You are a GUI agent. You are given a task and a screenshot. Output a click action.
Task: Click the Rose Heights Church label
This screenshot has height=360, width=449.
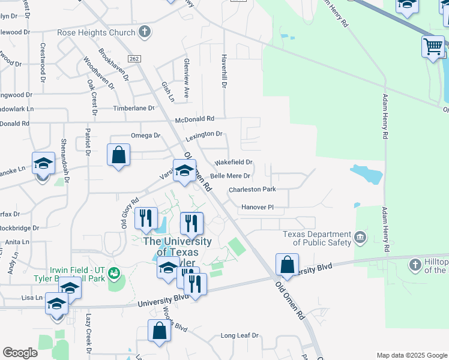point(96,32)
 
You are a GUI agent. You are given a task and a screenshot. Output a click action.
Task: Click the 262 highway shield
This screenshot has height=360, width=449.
point(134,58)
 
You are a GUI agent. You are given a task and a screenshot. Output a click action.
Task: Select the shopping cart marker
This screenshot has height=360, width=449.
point(433,46)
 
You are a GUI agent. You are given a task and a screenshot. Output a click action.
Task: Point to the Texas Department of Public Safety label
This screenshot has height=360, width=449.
point(317,238)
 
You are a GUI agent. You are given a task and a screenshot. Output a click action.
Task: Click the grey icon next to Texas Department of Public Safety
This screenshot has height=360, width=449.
point(360,238)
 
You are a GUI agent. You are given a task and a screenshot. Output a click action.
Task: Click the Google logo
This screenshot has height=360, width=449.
point(20,353)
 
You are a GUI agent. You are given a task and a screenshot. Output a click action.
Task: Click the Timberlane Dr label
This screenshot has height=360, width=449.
point(134,109)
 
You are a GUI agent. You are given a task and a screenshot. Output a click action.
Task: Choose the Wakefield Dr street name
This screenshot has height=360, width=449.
point(234,162)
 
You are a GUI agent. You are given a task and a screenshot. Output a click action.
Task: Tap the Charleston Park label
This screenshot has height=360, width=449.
point(252,189)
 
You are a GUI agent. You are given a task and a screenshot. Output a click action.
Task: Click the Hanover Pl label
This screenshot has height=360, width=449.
point(258,207)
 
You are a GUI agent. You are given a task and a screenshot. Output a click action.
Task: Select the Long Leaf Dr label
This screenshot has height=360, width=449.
point(240,335)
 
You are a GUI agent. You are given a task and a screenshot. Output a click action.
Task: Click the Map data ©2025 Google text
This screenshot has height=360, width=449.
point(411,355)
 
